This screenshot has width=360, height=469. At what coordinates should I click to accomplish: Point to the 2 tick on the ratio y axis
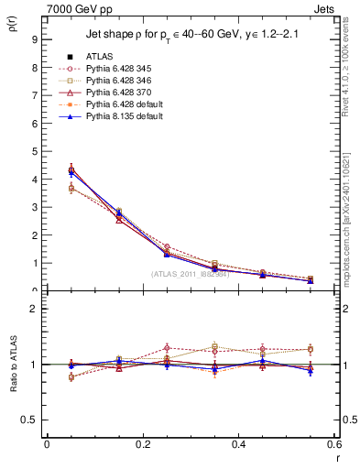[33, 309]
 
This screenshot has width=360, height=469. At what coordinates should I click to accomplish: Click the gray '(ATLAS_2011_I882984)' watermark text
[191, 273]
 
